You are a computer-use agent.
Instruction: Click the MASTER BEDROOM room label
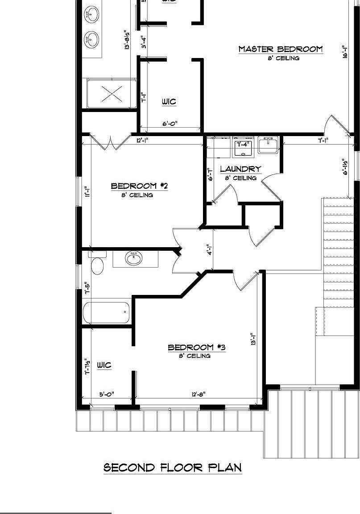tap(280, 49)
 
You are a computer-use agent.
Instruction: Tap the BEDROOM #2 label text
tap(139, 186)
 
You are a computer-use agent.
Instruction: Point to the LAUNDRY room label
tap(240, 169)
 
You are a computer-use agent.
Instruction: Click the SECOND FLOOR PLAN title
tap(173, 468)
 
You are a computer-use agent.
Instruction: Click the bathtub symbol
tap(107, 312)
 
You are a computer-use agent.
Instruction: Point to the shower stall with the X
tap(112, 94)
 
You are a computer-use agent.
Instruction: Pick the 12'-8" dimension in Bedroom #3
tap(198, 394)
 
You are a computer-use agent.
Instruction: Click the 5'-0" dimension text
tap(107, 394)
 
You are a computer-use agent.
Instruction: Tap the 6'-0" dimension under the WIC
tap(170, 124)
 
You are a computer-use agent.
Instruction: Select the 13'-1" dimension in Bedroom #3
tap(253, 340)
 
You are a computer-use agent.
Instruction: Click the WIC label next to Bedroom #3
tap(104, 365)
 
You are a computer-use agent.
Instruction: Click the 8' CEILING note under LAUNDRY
tap(240, 178)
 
